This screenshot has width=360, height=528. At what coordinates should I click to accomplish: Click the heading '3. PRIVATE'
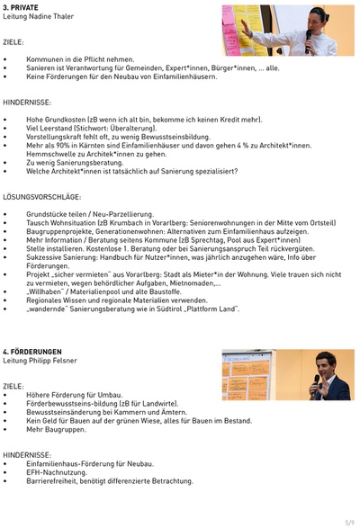[x=20, y=7]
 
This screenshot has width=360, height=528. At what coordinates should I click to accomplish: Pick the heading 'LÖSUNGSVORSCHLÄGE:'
[x=41, y=196]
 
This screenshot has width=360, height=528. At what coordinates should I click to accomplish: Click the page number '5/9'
[x=349, y=521]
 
